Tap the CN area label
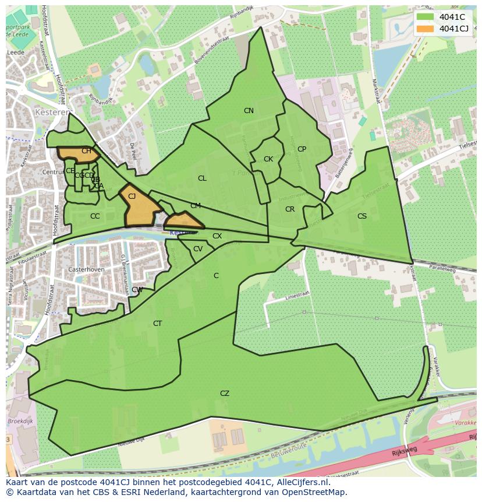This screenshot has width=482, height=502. point(249,111)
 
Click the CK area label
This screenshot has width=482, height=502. point(268,159)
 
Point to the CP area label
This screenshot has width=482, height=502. point(302,149)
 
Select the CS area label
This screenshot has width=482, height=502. point(362,216)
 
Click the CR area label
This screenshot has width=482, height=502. point(290,209)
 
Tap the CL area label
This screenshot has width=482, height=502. point(202,178)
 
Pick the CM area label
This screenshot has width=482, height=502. point(196,206)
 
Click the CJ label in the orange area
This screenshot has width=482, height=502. point(132,196)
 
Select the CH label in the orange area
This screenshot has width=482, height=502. point(86,152)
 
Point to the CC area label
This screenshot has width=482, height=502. point(95,216)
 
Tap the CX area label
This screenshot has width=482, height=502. point(217,236)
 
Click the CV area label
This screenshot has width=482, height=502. point(198,249)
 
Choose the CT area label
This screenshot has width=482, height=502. point(158,324)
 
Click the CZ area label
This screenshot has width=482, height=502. point(225,394)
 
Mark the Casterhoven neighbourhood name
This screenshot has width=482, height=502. point(86,270)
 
